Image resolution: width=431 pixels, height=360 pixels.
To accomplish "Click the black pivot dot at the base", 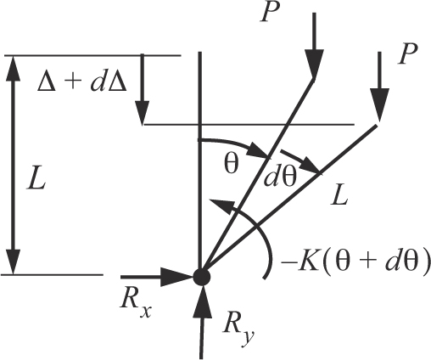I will pos(200,275).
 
